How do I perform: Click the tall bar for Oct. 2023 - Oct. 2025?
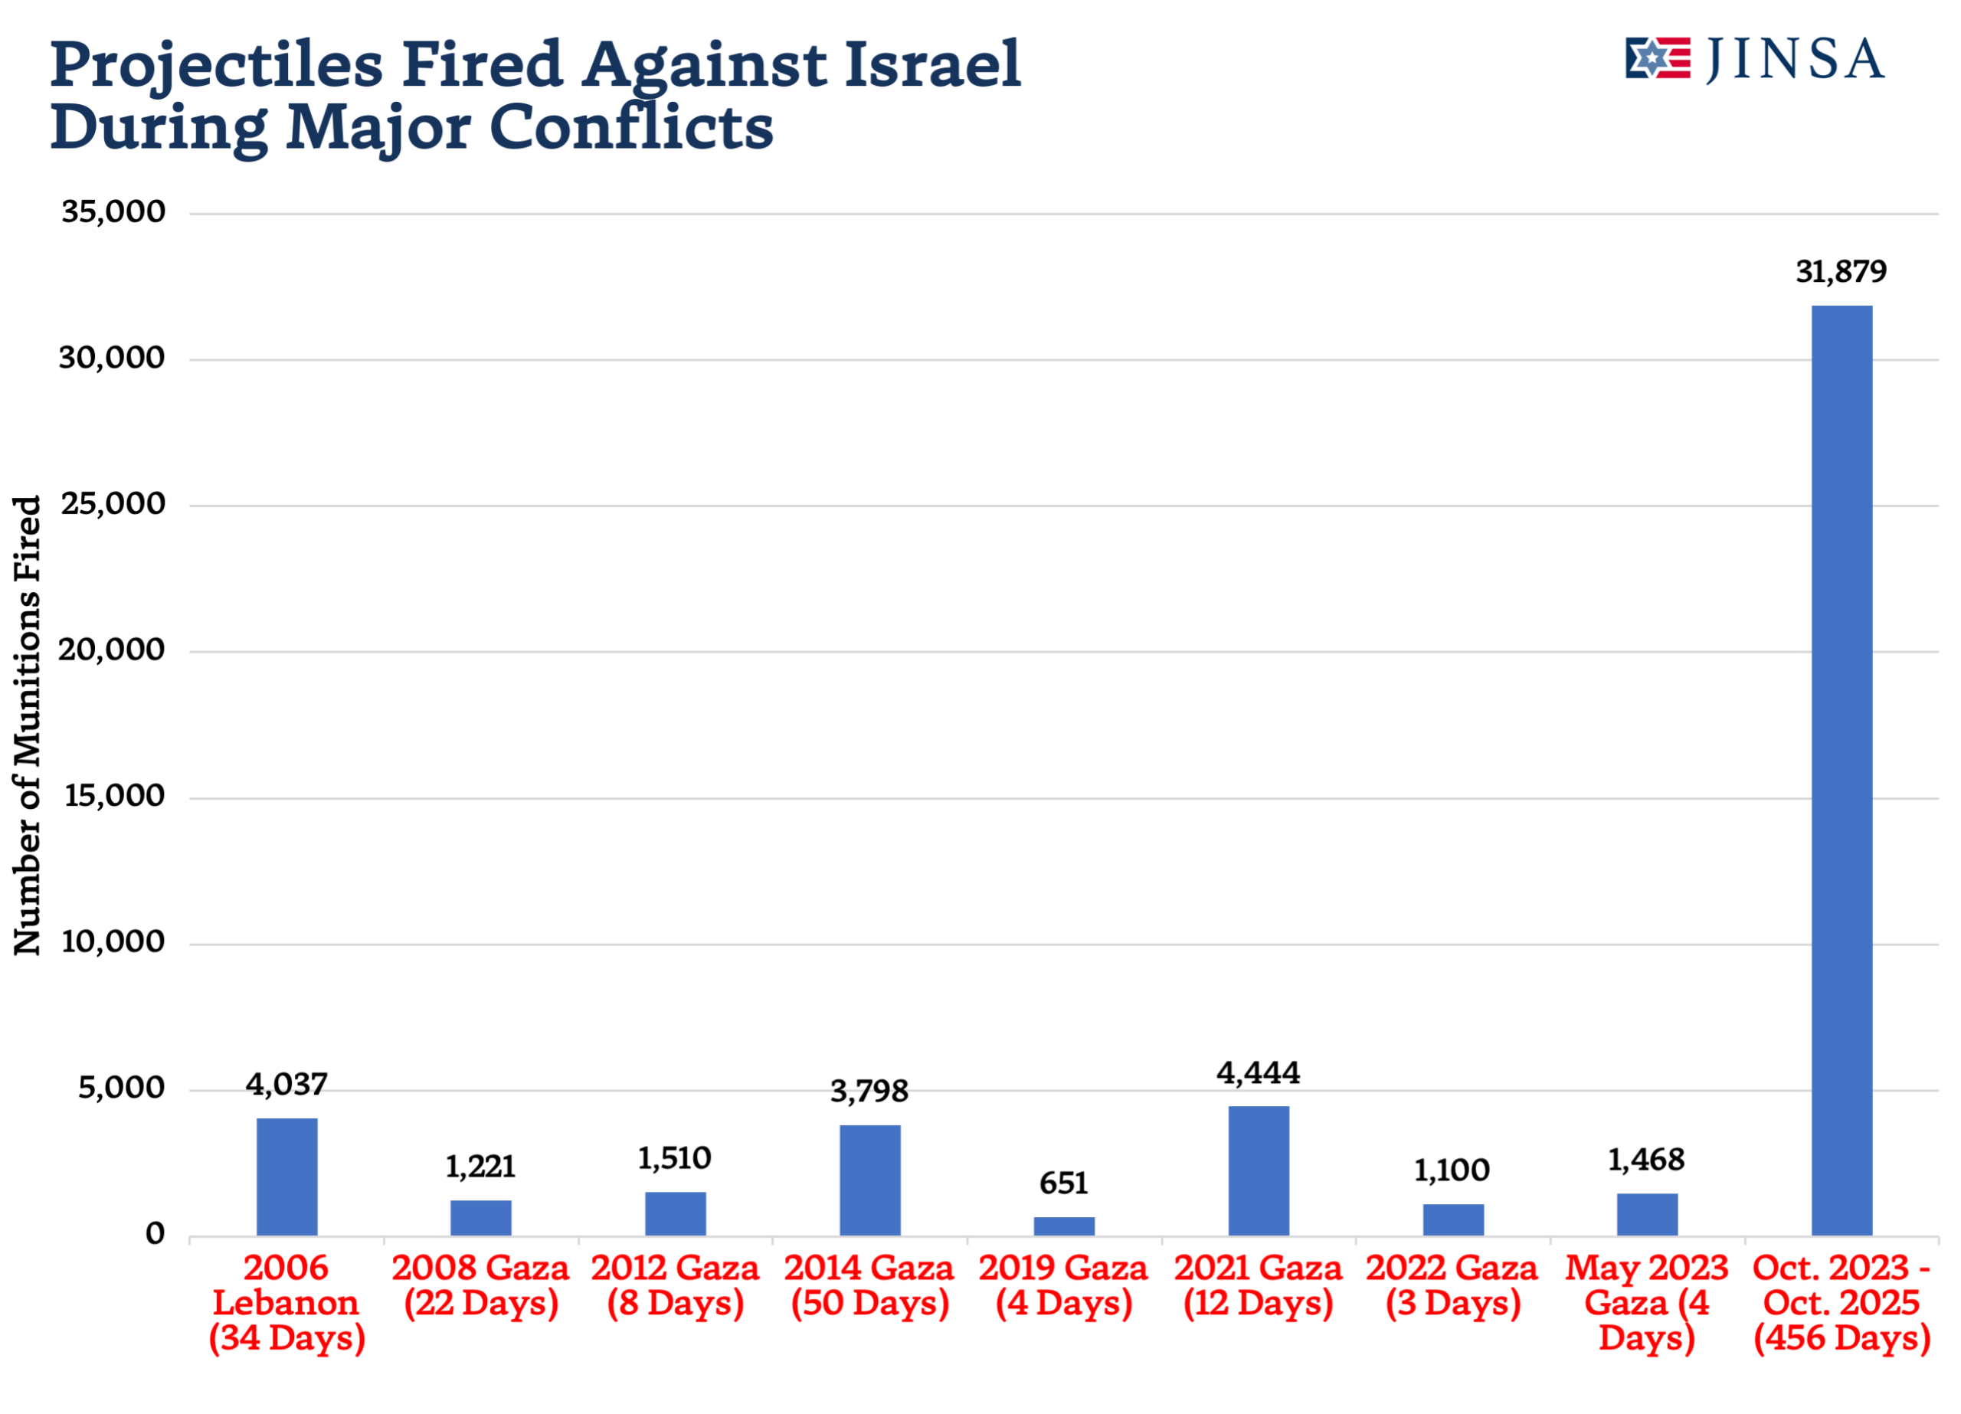pyautogui.click(x=1842, y=770)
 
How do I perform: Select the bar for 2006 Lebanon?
pyautogui.click(x=287, y=1177)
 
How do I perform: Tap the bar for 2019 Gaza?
pyautogui.click(x=1063, y=1226)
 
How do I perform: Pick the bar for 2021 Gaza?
pyautogui.click(x=1258, y=1171)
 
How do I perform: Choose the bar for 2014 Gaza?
pyautogui.click(x=870, y=1180)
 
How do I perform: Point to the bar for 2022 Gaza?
pyautogui.click(x=1453, y=1219)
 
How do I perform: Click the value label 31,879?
pyautogui.click(x=1841, y=272)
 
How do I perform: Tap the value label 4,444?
pyautogui.click(x=1258, y=1073)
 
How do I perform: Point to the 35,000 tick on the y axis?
pyautogui.click(x=113, y=212)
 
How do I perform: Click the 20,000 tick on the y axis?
pyautogui.click(x=113, y=650)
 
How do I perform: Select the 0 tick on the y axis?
pyautogui.click(x=155, y=1234)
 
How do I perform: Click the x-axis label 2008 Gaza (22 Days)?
pyautogui.click(x=481, y=1285)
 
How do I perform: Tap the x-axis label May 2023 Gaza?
pyautogui.click(x=1646, y=1302)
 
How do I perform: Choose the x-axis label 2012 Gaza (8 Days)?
pyautogui.click(x=676, y=1285)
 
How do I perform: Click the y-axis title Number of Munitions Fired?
pyautogui.click(x=28, y=725)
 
